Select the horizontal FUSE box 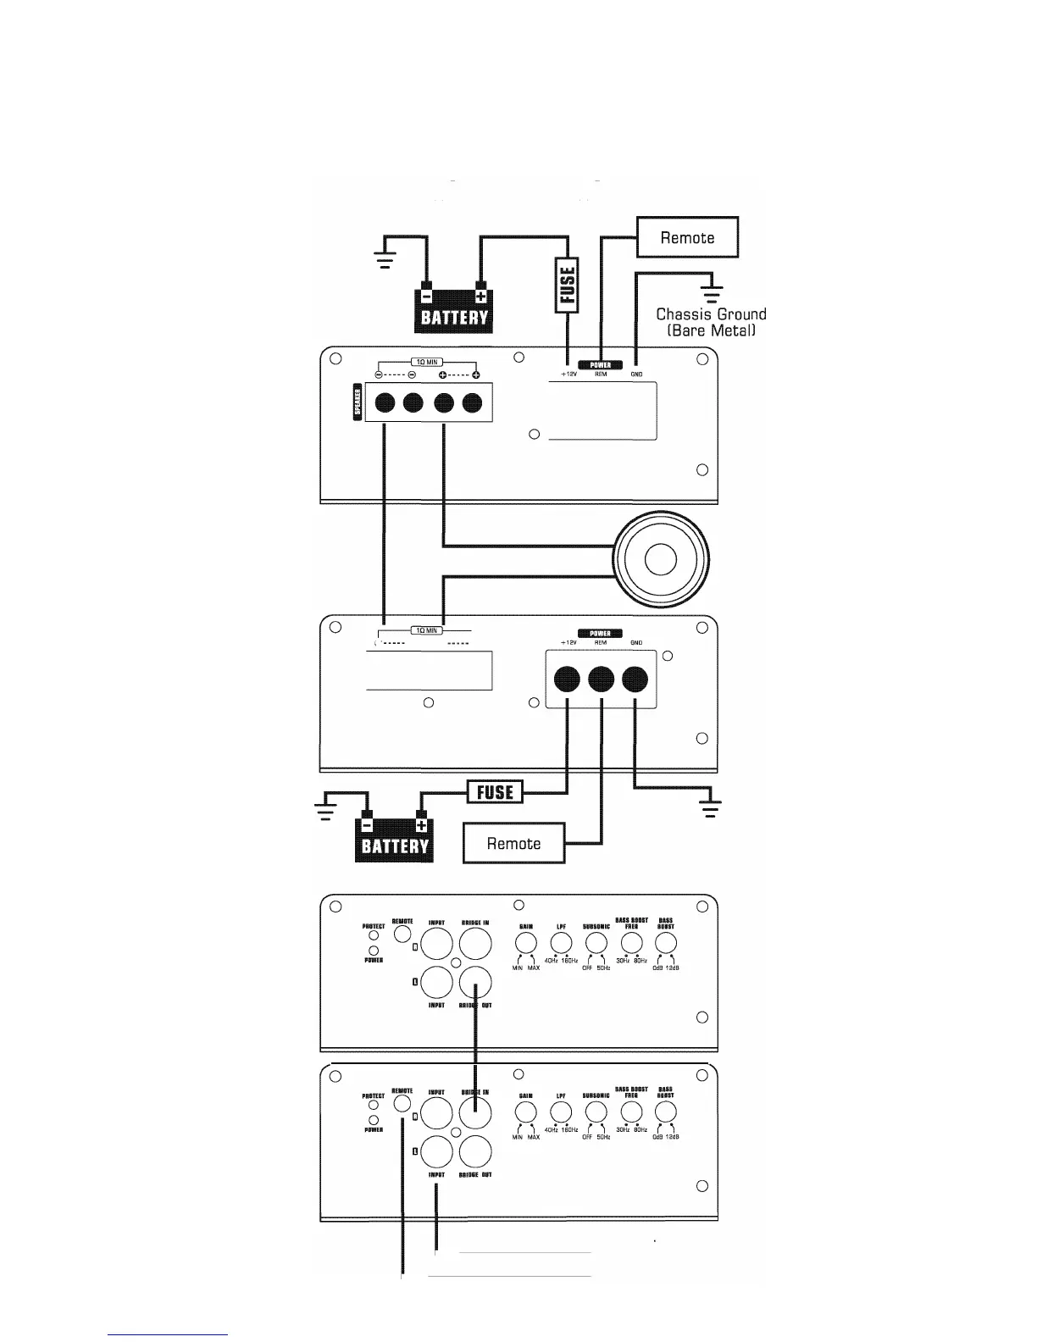(x=496, y=792)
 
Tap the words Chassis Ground (x=711, y=314)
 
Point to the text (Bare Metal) (x=711, y=330)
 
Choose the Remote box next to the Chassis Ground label (x=687, y=237)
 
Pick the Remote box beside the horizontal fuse (x=513, y=843)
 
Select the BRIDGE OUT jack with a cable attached (x=476, y=983)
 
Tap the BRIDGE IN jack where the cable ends (x=476, y=1112)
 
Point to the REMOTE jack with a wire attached (x=402, y=1106)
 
